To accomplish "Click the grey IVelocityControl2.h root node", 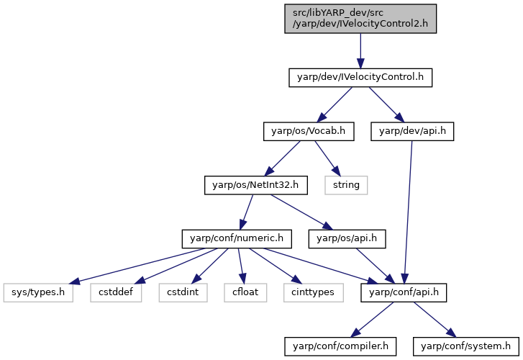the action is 360,19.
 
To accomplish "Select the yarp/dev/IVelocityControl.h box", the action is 360,78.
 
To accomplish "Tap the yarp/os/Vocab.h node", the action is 309,131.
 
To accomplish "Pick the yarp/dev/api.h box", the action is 412,131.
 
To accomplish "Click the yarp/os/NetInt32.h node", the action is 256,185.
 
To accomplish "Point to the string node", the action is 346,185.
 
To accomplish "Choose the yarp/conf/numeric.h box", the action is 237,239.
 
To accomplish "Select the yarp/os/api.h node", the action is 347,239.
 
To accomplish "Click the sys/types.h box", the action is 38,292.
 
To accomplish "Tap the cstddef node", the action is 116,292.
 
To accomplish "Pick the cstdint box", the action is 183,292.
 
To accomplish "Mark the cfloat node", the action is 245,292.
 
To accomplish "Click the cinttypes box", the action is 313,292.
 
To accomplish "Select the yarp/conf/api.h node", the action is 404,292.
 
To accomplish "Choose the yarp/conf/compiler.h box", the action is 340,346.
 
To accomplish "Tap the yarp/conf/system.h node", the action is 466,346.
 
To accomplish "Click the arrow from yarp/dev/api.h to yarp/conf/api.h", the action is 408,212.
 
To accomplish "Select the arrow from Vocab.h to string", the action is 327,158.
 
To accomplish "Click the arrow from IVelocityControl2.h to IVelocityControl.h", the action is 360,51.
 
